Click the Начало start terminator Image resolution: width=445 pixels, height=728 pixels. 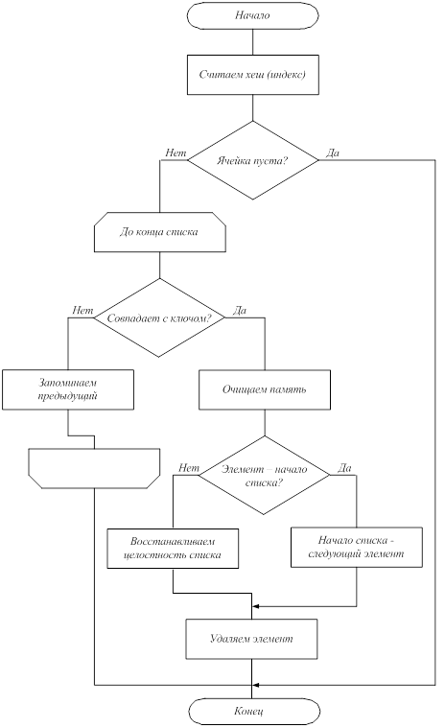[252, 15]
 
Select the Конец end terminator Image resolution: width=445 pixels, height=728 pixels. [254, 711]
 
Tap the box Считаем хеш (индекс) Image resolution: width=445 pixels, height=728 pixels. [253, 75]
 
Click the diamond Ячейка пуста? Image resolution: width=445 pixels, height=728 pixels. [253, 160]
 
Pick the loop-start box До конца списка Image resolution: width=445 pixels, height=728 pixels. [160, 232]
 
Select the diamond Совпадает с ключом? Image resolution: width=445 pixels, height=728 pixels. [159, 317]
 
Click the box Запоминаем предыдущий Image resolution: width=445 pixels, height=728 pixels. [68, 389]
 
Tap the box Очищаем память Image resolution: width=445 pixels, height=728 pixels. [265, 389]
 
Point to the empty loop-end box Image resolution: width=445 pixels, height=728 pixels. [94, 468]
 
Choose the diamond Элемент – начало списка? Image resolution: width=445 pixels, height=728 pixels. [264, 475]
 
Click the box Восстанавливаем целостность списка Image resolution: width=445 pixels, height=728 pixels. [173, 549]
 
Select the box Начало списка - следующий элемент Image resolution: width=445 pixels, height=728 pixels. [357, 547]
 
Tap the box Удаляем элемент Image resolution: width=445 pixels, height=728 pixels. [252, 639]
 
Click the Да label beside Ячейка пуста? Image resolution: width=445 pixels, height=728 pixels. [333, 153]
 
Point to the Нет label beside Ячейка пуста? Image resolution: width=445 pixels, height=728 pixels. [176, 153]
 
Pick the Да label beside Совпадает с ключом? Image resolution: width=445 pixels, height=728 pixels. [240, 310]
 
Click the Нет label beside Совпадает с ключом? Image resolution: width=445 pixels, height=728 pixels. [82, 310]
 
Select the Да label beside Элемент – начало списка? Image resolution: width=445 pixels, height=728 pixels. [344, 467]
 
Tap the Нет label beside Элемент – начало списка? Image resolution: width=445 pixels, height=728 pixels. [189, 467]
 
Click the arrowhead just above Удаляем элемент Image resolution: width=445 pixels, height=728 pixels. [255, 606]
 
